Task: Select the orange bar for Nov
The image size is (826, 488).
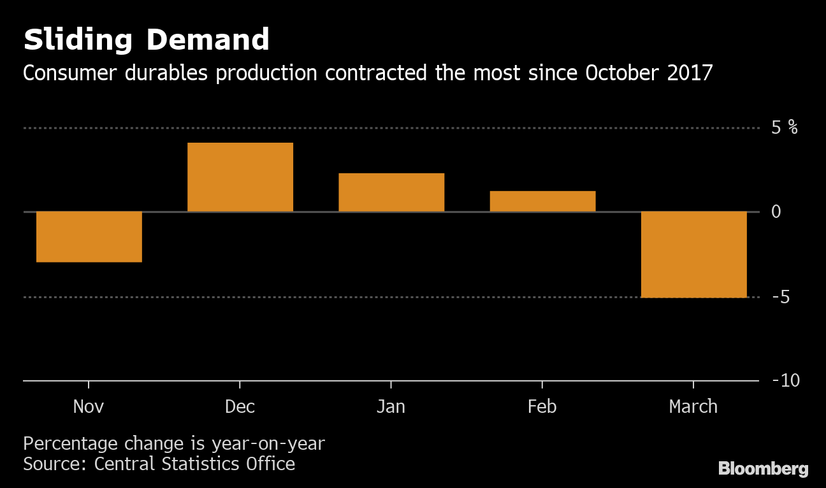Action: tap(89, 236)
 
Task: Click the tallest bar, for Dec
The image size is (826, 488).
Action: tap(240, 177)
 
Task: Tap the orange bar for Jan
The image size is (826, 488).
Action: tap(391, 192)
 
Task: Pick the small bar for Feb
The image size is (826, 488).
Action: tap(542, 201)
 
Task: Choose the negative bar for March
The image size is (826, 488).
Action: tap(693, 254)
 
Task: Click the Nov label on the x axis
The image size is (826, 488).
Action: tap(89, 406)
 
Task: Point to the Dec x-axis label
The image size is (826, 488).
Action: tap(240, 406)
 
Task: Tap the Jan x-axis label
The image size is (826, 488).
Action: tap(391, 406)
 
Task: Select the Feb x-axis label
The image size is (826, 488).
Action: tap(542, 406)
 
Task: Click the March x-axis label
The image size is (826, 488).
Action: tap(693, 406)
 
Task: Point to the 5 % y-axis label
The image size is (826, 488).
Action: tap(784, 127)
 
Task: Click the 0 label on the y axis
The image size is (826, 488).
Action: tap(776, 212)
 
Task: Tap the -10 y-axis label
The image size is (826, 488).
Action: tap(785, 380)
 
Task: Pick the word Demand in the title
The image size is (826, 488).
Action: tap(208, 40)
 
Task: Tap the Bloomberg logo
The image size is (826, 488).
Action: tap(763, 469)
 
